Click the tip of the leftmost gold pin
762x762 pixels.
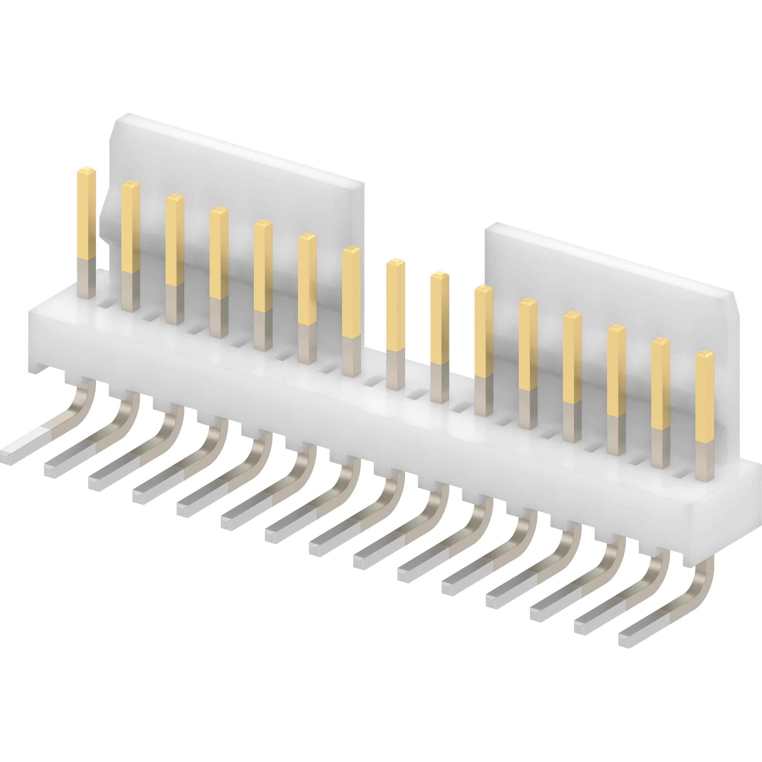tap(87, 171)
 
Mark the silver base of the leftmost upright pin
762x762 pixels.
tap(87, 278)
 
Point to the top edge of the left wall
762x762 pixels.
tap(237, 148)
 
